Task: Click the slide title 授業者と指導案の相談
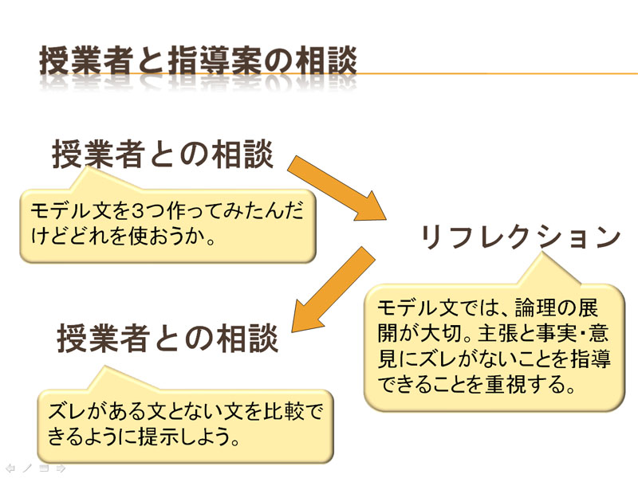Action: pyautogui.click(x=198, y=61)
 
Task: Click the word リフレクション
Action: pyautogui.click(x=521, y=237)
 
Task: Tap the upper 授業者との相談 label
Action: pyautogui.click(x=163, y=154)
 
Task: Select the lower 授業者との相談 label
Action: pyautogui.click(x=167, y=338)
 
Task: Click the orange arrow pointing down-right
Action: pyautogui.click(x=337, y=189)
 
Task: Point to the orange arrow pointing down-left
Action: pyautogui.click(x=333, y=289)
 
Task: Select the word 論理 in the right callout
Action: pyautogui.click(x=535, y=308)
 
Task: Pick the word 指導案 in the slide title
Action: pyautogui.click(x=215, y=61)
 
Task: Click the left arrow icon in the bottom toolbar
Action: pyautogui.click(x=10, y=468)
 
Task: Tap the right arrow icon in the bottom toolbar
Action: pyautogui.click(x=61, y=468)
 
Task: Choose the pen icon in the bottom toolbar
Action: pyautogui.click(x=27, y=468)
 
